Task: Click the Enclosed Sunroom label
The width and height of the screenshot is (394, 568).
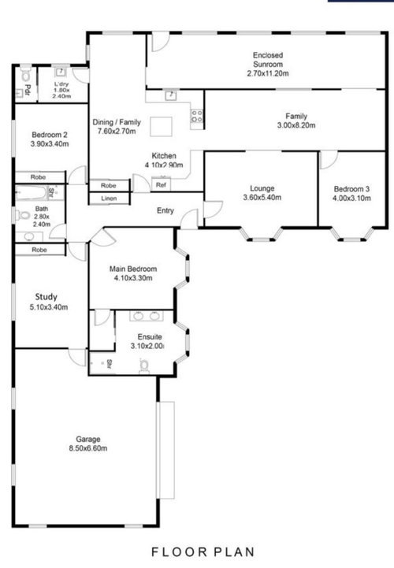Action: coord(268,60)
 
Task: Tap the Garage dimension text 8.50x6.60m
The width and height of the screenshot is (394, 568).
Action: coord(88,448)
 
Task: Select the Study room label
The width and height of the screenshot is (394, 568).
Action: coord(46,297)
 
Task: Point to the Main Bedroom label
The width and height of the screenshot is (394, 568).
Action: coord(133,269)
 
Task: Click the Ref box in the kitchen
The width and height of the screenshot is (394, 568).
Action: coord(161,185)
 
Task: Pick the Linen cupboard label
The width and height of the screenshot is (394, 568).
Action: coord(109,199)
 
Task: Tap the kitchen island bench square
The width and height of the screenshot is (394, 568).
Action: coord(162,126)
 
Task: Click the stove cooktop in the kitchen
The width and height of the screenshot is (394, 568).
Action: coord(197,117)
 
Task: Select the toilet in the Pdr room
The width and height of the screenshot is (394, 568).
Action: coord(26,75)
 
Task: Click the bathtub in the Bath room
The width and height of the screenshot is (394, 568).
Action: coord(32,193)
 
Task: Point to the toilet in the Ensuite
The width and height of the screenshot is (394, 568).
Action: coord(144,366)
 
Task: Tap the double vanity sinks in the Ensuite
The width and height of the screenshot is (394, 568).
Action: coord(147,316)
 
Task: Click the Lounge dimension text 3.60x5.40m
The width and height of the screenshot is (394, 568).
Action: coord(262,198)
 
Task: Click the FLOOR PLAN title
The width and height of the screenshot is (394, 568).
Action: coord(203,551)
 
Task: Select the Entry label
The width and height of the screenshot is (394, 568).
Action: coord(165,210)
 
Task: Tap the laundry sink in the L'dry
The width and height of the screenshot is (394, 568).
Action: coord(61,72)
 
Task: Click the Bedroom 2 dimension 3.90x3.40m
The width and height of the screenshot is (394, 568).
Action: coord(50,144)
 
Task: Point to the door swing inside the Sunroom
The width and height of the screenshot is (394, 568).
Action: coord(159,42)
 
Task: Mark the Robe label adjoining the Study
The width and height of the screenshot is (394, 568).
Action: coord(39,250)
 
